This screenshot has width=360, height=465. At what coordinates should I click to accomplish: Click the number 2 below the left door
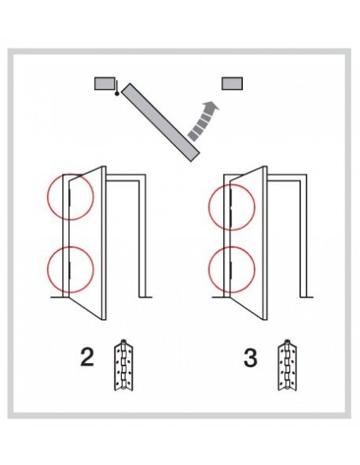coord(87,358)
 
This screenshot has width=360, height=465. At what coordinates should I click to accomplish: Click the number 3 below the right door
coord(250,358)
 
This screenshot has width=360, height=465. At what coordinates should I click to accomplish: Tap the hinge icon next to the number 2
coord(123,365)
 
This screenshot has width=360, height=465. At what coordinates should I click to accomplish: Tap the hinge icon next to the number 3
coord(288,365)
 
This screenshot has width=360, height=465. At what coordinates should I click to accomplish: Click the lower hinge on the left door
coord(69,270)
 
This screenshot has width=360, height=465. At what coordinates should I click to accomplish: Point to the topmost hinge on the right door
coord(231,194)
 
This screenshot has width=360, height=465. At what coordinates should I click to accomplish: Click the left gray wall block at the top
coord(104,84)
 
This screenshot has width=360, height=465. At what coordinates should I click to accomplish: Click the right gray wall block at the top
coord(233,84)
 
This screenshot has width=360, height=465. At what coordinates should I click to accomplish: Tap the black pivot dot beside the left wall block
coord(117,94)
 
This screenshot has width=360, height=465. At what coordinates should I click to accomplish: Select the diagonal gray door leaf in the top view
coord(160,123)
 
